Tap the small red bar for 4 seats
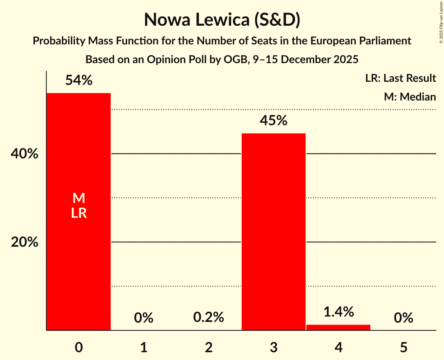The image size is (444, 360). pos(338,327)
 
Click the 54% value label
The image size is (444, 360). pos(78,81)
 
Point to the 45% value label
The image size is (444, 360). pos(273,121)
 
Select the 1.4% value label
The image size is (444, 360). pos(338,312)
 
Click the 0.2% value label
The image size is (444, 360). pos(209,318)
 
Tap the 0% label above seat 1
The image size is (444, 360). pos(143,318)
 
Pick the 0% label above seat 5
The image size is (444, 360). pos(403,318)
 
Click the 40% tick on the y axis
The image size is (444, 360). pos(24,154)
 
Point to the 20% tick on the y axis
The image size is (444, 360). pos(24,242)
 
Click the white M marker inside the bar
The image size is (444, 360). pos(78,198)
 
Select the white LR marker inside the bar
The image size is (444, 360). pos(78,213)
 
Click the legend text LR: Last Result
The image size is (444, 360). pos(400,78)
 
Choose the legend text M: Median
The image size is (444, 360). pos(410,97)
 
